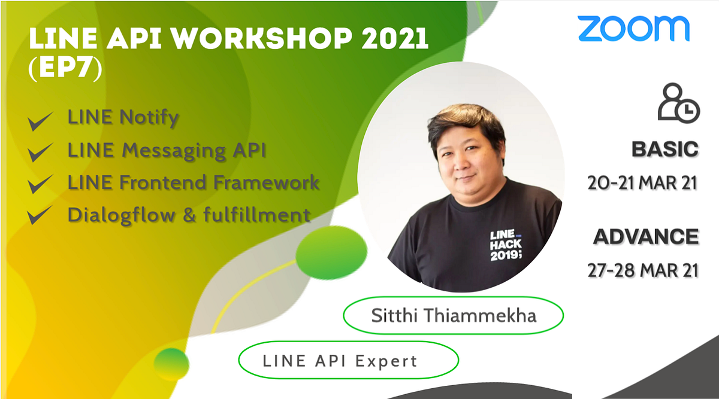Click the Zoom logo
(633, 28)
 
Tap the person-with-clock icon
(678, 103)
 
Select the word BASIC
(665, 149)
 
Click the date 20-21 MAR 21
(643, 182)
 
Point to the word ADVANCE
(646, 237)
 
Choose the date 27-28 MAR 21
(643, 270)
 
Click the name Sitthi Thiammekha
(453, 315)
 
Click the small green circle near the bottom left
(171, 364)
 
